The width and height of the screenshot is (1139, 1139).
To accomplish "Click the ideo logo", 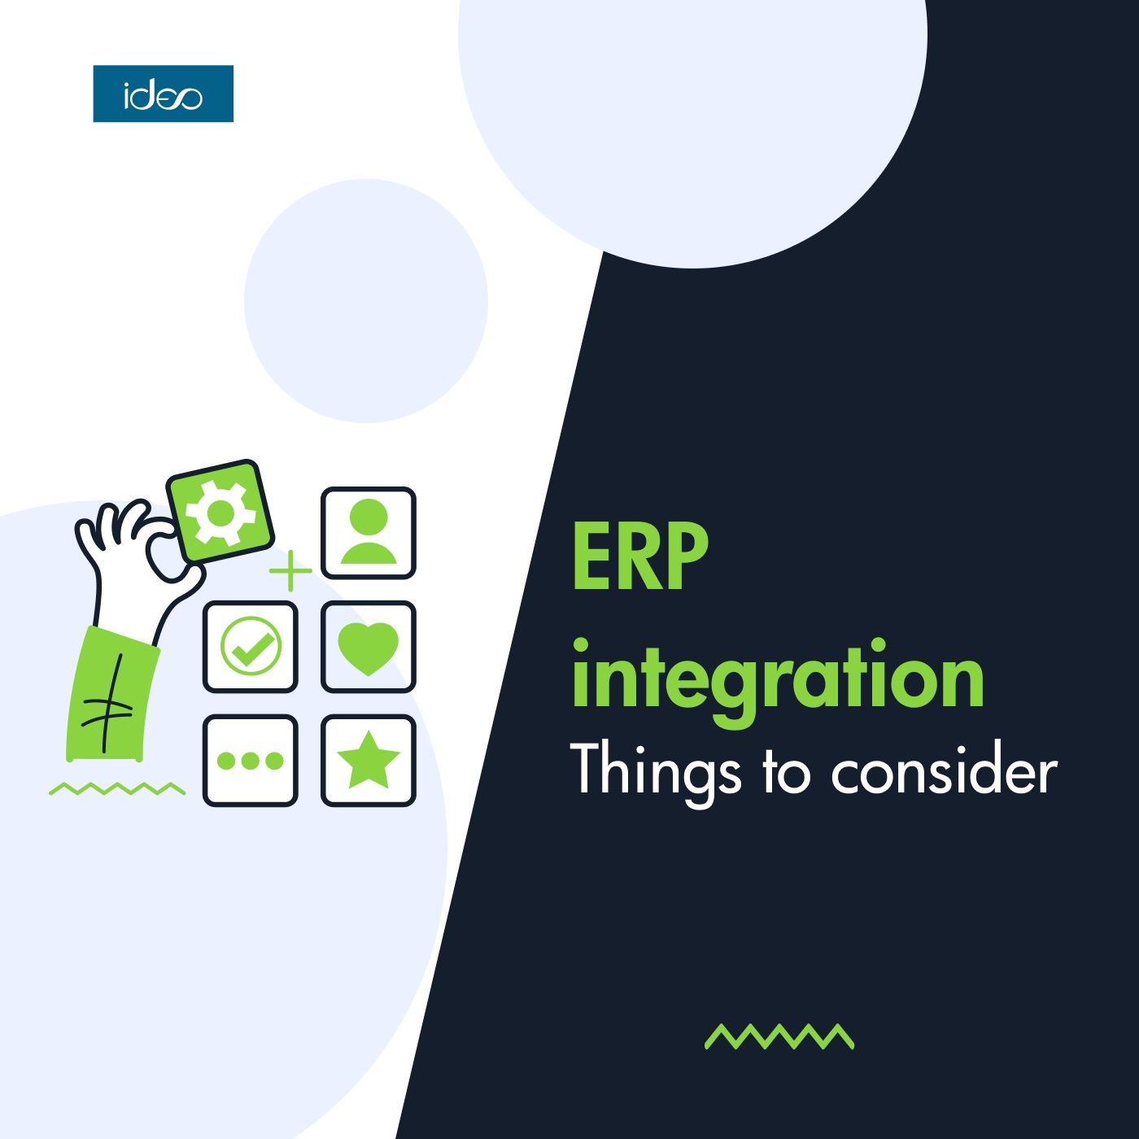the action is point(164,94).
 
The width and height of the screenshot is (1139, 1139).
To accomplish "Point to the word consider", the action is point(944,770).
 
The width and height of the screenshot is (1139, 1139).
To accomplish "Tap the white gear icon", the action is point(220,512).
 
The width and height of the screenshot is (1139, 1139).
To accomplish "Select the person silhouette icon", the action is point(369,531).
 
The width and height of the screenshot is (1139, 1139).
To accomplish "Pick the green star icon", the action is point(369,762).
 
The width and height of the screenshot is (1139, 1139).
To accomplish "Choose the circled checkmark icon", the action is point(251,646).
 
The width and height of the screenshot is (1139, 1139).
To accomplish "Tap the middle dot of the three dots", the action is point(251,761).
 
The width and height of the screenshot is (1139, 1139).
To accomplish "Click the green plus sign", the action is point(290,570).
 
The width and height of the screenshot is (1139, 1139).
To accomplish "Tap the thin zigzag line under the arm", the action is point(117,789).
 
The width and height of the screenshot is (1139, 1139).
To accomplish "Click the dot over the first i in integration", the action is point(581,646).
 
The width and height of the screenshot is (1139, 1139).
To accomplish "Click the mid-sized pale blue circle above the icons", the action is point(366,301).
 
